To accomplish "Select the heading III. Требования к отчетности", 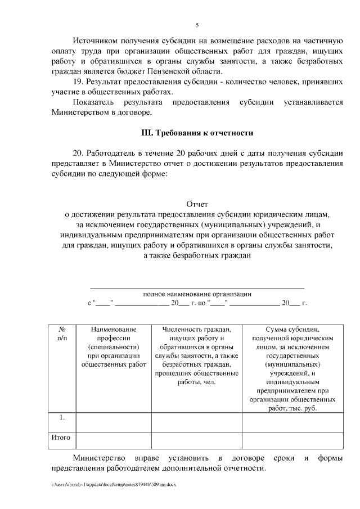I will point(196,133).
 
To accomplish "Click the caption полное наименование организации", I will point(197,294).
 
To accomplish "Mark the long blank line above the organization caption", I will point(197,287).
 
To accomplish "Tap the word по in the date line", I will point(201,303).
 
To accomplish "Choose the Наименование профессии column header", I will point(113,346).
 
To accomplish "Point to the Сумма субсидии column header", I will point(292,368).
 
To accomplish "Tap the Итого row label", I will point(60,436).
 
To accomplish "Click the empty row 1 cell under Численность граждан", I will point(196,422).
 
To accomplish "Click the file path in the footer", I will point(113,484).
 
